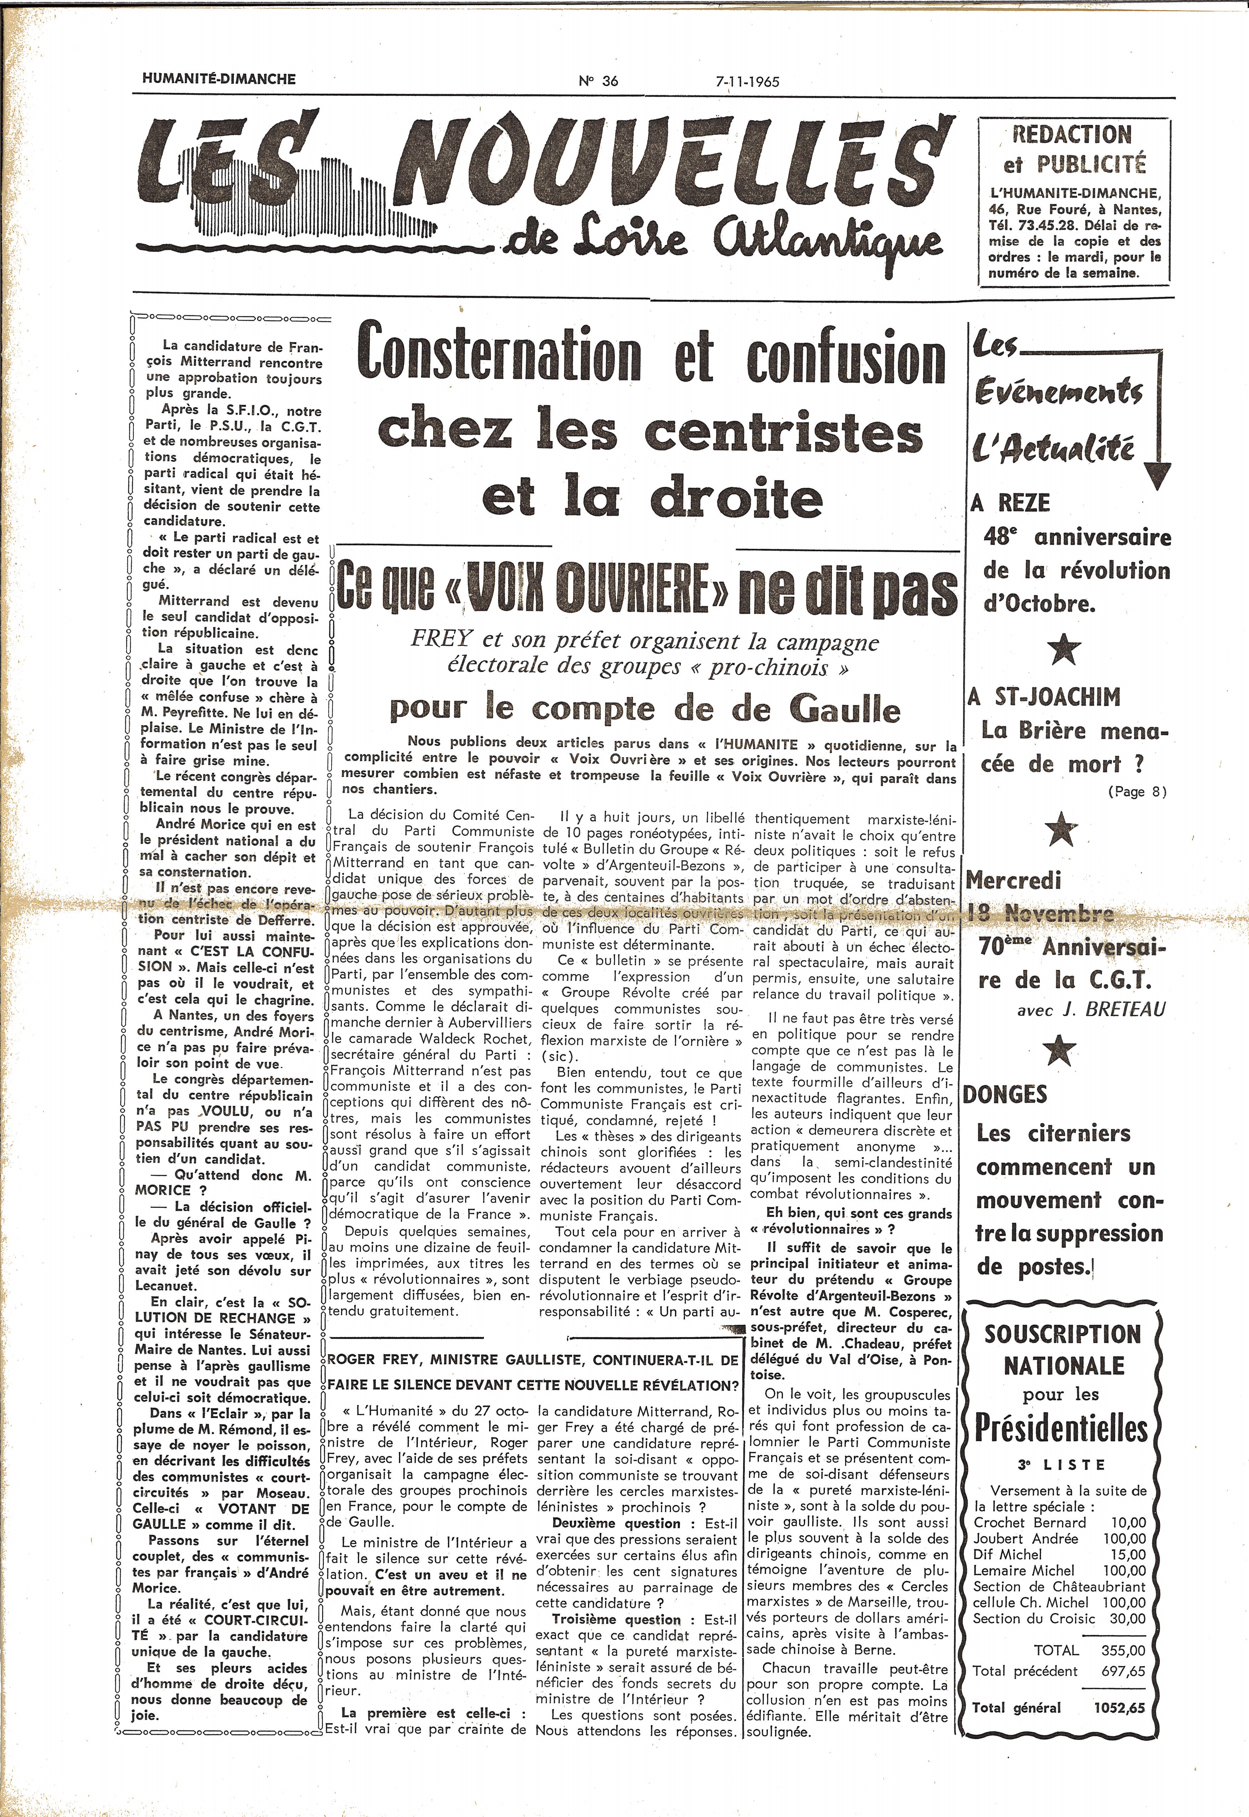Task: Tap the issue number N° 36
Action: (x=599, y=80)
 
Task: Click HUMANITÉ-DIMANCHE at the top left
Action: (x=219, y=79)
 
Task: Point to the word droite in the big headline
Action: (x=737, y=499)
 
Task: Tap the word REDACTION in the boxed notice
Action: (x=1072, y=135)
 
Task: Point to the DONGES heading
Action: (x=1005, y=1094)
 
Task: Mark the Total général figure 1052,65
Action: (x=1119, y=1707)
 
